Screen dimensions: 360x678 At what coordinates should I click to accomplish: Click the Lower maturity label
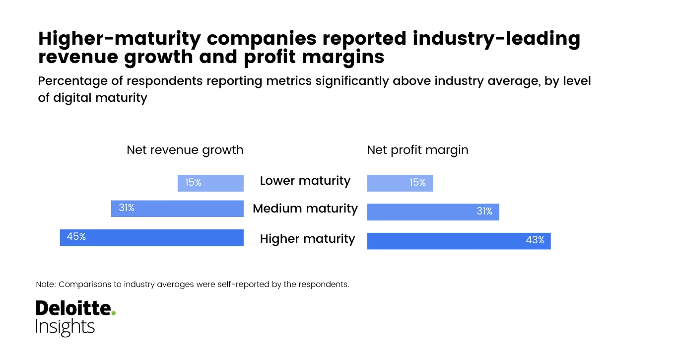coord(305,181)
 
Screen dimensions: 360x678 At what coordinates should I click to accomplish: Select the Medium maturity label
coord(305,209)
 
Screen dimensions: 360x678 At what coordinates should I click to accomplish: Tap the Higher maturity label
coord(307,239)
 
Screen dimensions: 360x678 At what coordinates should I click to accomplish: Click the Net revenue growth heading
coord(185,150)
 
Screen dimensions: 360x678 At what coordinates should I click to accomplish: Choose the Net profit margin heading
coord(417,150)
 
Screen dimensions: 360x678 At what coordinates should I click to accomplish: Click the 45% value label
coord(76,237)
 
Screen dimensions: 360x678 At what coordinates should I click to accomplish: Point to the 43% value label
coord(535,240)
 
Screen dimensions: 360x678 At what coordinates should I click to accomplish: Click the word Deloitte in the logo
coord(72,308)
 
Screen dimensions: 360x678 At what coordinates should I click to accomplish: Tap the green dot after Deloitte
coord(114,313)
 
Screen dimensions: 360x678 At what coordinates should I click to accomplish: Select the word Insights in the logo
coord(65,327)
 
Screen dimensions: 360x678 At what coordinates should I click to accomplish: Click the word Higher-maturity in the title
coord(120,39)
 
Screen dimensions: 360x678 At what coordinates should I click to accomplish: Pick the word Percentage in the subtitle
coord(72,81)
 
